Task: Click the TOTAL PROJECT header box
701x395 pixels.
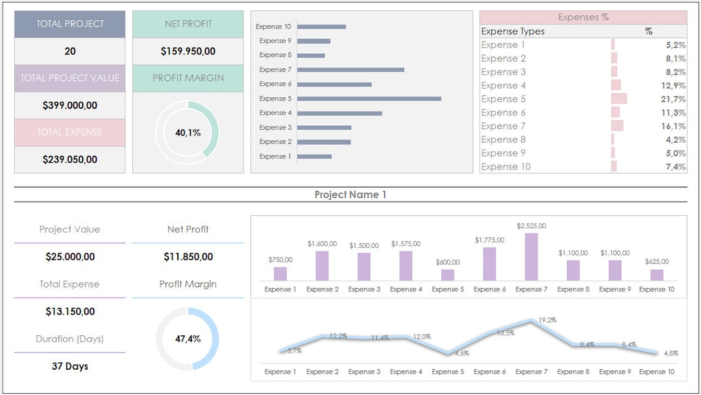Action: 69,24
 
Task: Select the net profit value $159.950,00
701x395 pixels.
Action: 188,51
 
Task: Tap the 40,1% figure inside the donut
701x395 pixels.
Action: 188,132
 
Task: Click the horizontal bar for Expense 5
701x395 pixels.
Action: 369,99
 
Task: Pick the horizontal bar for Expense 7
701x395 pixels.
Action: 350,69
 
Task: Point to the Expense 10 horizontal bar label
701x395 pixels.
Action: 273,27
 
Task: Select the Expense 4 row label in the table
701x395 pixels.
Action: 504,86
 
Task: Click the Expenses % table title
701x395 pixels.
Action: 583,18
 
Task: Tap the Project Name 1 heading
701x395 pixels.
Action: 350,195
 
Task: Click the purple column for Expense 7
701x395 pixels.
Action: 531,257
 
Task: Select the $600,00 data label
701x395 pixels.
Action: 448,262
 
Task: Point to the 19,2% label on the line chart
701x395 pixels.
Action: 547,320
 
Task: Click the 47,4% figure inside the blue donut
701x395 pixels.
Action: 188,339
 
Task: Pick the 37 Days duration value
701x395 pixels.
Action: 69,366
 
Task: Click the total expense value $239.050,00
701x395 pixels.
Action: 69,160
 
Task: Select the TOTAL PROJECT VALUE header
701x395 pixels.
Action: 69,78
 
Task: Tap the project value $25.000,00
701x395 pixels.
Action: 69,257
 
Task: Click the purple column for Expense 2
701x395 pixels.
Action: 322,266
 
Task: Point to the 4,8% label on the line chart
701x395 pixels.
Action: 670,353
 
